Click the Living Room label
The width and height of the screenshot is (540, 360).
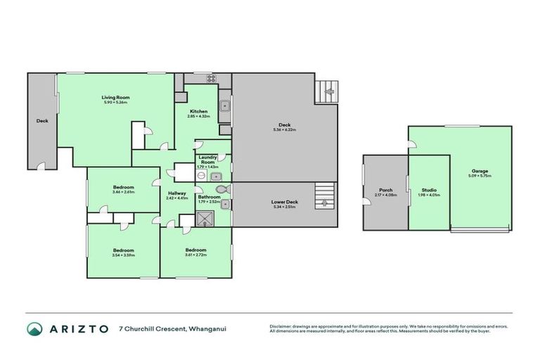115,97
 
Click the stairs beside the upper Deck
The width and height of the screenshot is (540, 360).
327,90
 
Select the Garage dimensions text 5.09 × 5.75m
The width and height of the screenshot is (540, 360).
480,175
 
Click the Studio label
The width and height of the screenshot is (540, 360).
429,190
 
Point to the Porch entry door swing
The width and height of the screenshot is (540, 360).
367,202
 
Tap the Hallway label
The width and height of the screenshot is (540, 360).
176,193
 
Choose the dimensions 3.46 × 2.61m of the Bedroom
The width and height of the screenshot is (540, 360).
123,191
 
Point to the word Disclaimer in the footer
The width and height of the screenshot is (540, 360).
283,326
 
